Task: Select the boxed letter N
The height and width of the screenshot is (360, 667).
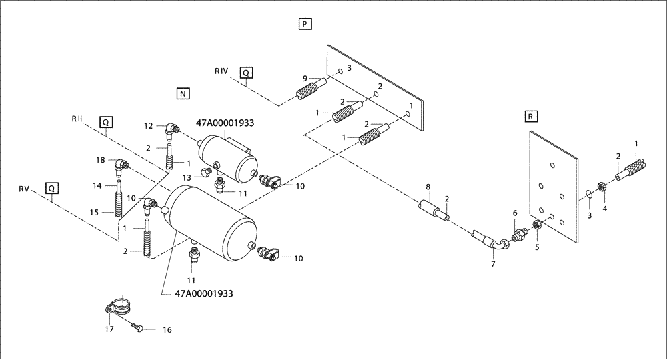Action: (183, 93)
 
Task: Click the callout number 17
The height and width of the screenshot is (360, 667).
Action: (109, 329)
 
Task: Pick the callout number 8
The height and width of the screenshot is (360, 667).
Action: (429, 189)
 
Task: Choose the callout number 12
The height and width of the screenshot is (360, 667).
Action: (150, 125)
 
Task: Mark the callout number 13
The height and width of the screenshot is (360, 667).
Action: (187, 177)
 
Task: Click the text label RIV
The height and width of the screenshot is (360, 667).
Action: (222, 70)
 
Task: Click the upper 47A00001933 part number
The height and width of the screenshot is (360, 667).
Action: (225, 123)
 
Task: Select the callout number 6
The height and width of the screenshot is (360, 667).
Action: (514, 213)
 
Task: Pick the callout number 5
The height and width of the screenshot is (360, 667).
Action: (537, 246)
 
